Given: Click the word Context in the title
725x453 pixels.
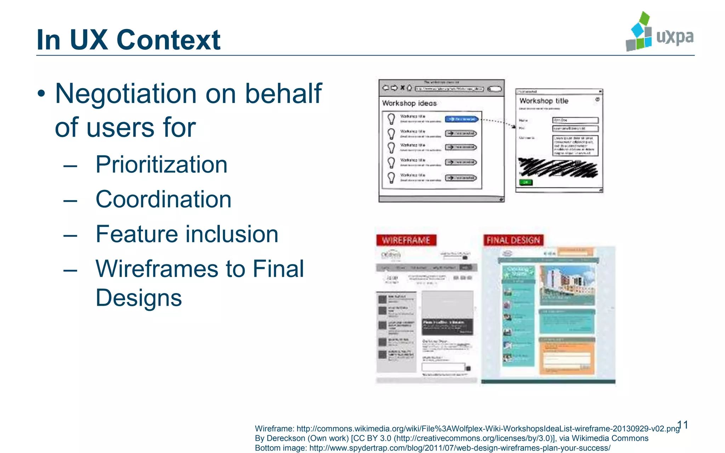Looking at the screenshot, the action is (x=168, y=40).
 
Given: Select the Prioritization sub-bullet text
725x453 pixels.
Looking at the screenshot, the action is (x=161, y=165).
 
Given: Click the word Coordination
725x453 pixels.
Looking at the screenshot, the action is (x=164, y=199).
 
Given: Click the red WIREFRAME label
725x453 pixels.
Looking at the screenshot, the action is (x=406, y=240).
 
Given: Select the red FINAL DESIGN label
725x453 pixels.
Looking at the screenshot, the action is (x=513, y=240).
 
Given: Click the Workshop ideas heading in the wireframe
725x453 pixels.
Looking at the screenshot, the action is (x=409, y=103).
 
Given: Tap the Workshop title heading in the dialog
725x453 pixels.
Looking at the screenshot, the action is (x=544, y=101).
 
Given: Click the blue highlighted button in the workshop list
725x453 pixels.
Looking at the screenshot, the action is (x=462, y=119).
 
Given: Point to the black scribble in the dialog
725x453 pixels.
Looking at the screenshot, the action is (x=558, y=167).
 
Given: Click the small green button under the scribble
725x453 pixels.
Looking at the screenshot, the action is (x=526, y=182).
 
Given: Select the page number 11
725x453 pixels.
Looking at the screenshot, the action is (x=683, y=425).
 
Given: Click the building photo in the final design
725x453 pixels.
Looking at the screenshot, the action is (x=567, y=285).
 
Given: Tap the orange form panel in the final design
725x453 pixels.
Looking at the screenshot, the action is (x=567, y=356).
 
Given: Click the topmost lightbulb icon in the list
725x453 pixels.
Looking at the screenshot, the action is (x=391, y=119).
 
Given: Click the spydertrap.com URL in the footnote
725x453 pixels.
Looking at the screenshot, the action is (x=460, y=448).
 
